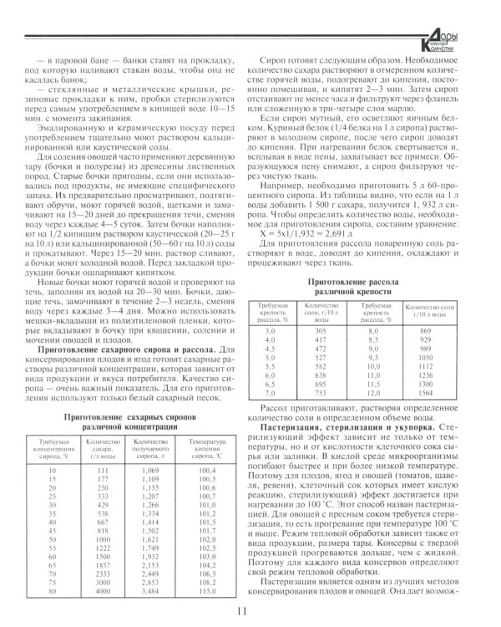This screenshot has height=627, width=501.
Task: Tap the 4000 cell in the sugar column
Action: [x=103, y=593]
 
